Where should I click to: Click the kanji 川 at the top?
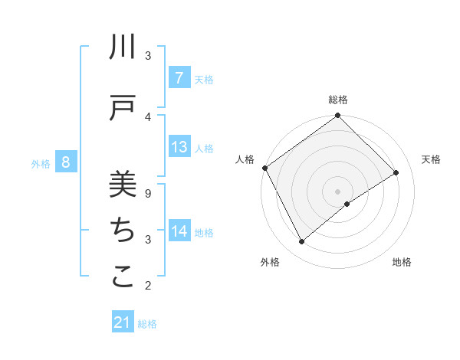coord(123,48)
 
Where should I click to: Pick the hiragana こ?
coord(123,277)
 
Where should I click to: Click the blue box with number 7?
coord(179,77)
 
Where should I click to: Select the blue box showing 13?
coord(179,147)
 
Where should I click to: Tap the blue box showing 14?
coord(179,231)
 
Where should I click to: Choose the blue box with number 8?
coord(66,162)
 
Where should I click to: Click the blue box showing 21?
coord(123,323)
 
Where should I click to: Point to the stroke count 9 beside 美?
coord(148,194)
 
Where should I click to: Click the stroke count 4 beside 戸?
coord(148,116)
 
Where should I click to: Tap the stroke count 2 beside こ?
coord(148,286)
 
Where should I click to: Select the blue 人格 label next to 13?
coord(204,148)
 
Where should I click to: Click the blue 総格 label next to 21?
coord(147,324)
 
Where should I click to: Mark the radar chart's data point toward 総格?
coord(337,116)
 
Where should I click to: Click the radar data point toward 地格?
coord(347,204)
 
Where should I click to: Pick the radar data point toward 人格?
coord(264,168)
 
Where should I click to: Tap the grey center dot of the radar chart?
coord(337,191)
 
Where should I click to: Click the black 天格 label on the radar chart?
coord(432,159)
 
